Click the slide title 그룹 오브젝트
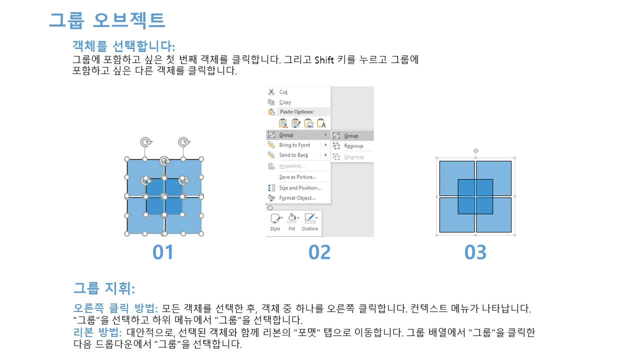(107, 20)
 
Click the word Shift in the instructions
(324, 60)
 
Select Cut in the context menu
(283, 92)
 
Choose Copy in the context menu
(285, 102)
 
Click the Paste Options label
(296, 111)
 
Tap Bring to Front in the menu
(294, 145)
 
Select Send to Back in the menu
(293, 155)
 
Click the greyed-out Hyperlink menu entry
(291, 166)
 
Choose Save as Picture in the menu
(297, 177)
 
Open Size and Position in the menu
(299, 187)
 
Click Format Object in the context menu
(297, 198)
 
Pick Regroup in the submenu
(353, 146)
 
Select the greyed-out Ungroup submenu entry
(354, 157)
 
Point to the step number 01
(163, 252)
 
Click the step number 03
(475, 252)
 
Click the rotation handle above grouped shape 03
(475, 150)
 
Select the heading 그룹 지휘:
(104, 288)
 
